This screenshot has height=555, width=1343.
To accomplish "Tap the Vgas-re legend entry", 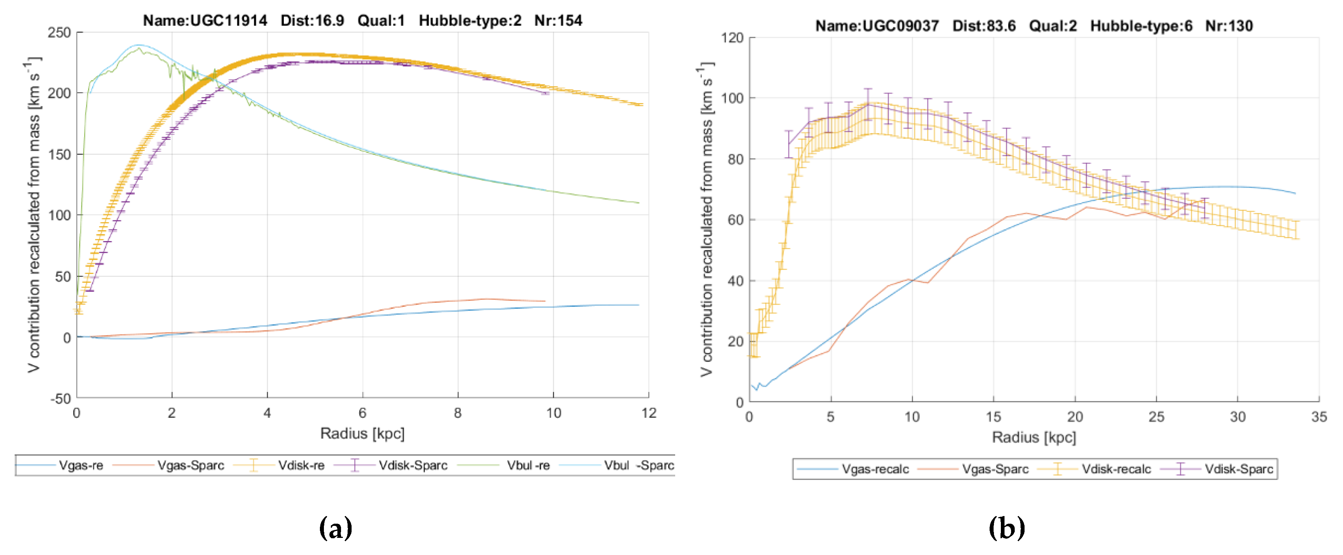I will coord(81,465).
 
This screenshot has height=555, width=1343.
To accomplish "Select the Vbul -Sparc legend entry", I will coord(639,465).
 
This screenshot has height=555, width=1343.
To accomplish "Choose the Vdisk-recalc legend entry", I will coord(1116,469).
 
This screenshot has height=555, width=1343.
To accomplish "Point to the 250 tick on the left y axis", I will coord(59,33).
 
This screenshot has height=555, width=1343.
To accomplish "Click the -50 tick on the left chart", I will coord(60,399).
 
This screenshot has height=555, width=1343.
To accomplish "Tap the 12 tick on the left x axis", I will coord(649,413).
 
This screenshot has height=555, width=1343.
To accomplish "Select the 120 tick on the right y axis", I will coord(732,38).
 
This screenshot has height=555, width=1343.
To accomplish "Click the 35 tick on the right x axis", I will coord(1319,417).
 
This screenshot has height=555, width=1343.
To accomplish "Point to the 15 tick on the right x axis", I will coord(993,417).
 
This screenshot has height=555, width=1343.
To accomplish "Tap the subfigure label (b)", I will coord(1006,528).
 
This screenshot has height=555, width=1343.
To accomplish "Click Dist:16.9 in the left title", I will coord(312,21).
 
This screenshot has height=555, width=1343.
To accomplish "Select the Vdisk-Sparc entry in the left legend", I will coord(413,465).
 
